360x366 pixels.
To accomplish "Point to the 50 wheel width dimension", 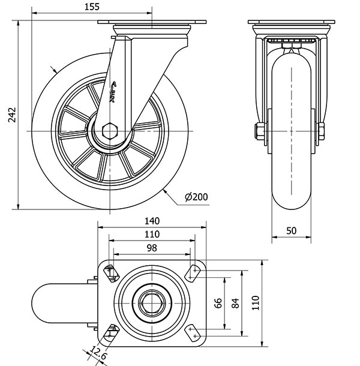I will (292, 230).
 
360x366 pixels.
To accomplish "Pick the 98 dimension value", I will (151, 248).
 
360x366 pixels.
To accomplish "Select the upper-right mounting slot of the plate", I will (193, 272).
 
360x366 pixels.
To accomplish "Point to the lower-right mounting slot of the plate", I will (193, 332).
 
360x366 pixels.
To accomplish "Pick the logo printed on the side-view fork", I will (115, 91).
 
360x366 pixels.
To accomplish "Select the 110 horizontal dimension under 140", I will (151, 234).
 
